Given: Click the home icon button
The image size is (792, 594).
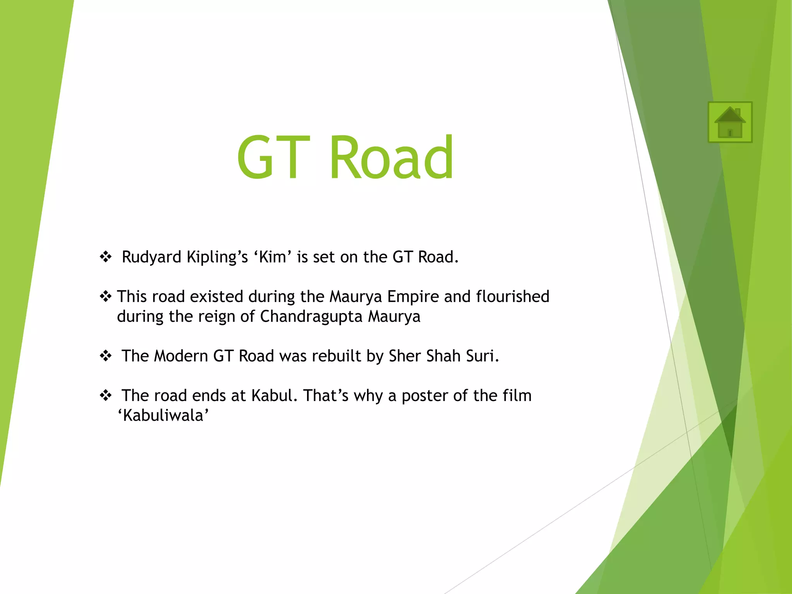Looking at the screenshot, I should tap(730, 122).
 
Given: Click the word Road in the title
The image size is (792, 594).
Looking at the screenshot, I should tap(391, 157).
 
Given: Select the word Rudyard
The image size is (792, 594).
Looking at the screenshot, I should tap(151, 258).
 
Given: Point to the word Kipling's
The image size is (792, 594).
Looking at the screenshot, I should tap(217, 258).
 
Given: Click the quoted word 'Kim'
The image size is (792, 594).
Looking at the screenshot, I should tap(273, 257).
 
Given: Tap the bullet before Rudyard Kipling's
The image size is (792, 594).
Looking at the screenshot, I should tap(106, 257).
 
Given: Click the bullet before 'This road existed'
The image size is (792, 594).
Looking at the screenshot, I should tap(106, 297).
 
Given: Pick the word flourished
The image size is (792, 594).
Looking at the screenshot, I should tap(512, 297).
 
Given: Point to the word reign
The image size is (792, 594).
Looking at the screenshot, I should tap(217, 317).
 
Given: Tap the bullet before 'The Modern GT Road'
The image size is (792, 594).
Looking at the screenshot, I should tap(106, 356).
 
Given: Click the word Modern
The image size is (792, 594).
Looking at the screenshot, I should tap(181, 356).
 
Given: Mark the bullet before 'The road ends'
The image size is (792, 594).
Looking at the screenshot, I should tap(106, 396).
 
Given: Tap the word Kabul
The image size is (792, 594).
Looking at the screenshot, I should tap(274, 396).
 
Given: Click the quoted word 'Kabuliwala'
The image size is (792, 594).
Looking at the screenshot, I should tap(163, 416).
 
